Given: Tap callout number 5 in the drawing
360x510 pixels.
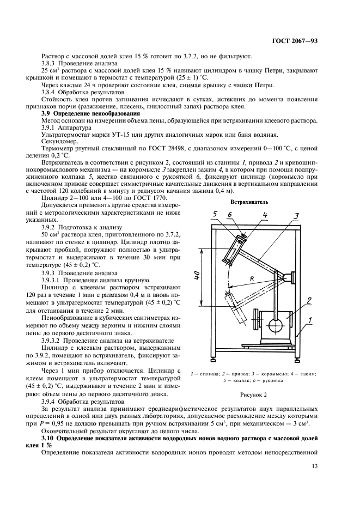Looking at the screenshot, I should (216, 215).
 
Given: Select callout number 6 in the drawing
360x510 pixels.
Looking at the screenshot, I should (230, 215).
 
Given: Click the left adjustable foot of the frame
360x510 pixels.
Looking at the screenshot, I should (211, 358).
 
